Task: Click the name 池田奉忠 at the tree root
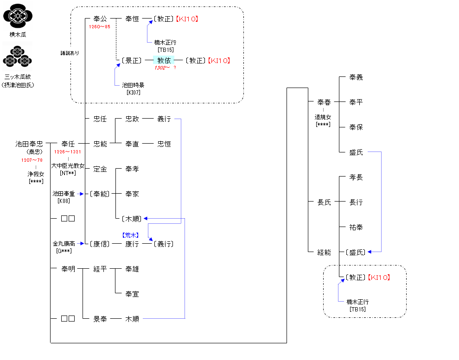coord(29,144)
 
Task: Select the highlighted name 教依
coord(164,60)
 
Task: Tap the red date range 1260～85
coord(100,26)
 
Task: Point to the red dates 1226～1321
coord(68,152)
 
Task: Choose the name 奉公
coord(100,19)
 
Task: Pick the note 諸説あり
coord(70,53)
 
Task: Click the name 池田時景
coord(133,85)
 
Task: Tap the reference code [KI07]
coord(133,92)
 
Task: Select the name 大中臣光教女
coord(68,165)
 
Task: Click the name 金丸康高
coord(64,243)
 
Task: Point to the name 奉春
coord(324,102)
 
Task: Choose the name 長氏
coord(324,202)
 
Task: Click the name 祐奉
coord(356,227)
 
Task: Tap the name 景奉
coord(100,319)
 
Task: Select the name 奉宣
coord(132,294)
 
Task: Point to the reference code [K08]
coord(64,201)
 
